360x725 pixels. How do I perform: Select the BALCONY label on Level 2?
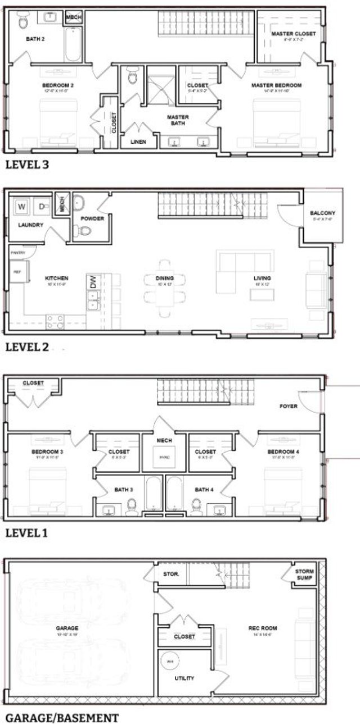tap(322, 213)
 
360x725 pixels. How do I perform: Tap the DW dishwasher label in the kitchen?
tap(93, 282)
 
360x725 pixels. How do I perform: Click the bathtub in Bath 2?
tap(74, 44)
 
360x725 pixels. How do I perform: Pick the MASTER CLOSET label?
tap(293, 34)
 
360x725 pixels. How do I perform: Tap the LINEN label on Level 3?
tap(138, 142)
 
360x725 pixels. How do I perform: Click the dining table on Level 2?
tap(165, 281)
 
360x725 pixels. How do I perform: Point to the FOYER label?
tap(289, 405)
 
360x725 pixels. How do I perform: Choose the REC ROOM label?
tap(263, 628)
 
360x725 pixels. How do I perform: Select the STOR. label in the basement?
tap(171, 574)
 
